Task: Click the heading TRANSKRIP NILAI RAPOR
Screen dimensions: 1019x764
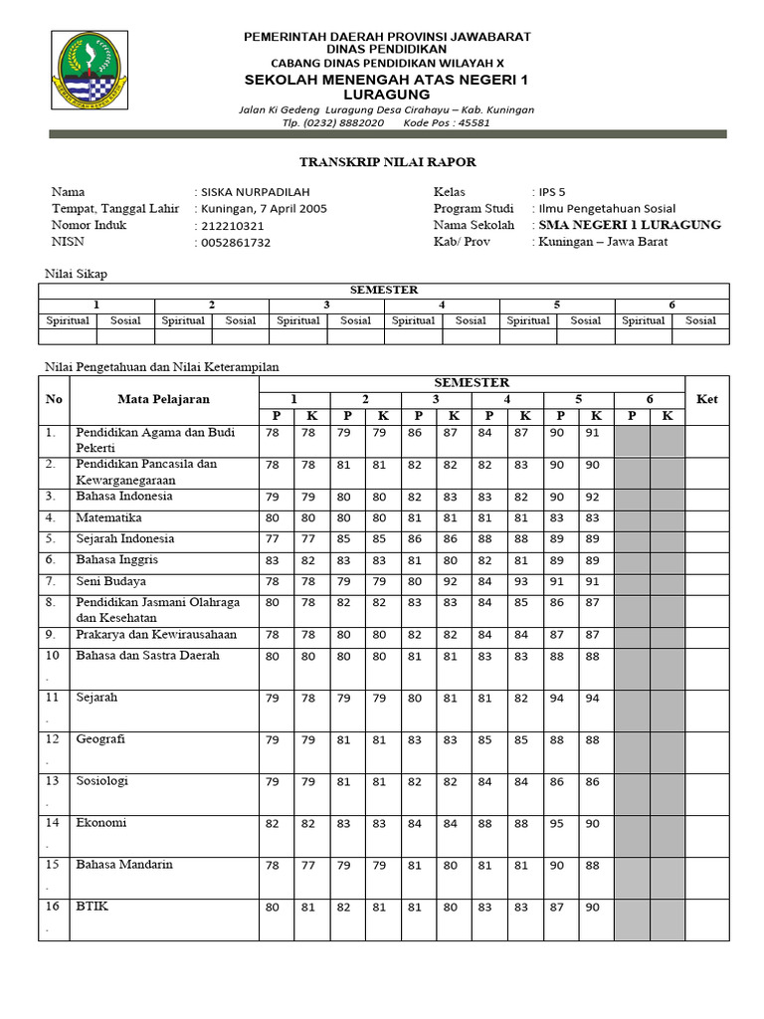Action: click(x=389, y=162)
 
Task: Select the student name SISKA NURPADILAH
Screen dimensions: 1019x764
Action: click(x=255, y=192)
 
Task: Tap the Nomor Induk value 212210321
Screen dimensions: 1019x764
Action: click(x=233, y=226)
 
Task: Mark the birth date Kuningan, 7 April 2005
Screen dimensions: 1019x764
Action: click(x=264, y=209)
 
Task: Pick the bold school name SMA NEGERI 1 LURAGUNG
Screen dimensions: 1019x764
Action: click(x=630, y=225)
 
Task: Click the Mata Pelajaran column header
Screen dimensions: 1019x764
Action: click(x=164, y=399)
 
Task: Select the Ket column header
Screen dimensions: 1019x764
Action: click(x=706, y=399)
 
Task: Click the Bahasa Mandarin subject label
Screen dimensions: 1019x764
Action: click(x=124, y=864)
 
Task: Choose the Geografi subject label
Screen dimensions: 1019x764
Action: click(x=100, y=739)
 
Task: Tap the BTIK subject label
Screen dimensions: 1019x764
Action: click(x=91, y=906)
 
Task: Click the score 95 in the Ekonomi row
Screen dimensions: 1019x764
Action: click(x=556, y=823)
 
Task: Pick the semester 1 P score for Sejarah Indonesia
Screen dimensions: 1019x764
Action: click(x=273, y=539)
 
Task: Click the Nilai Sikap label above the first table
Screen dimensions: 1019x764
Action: click(x=78, y=272)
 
